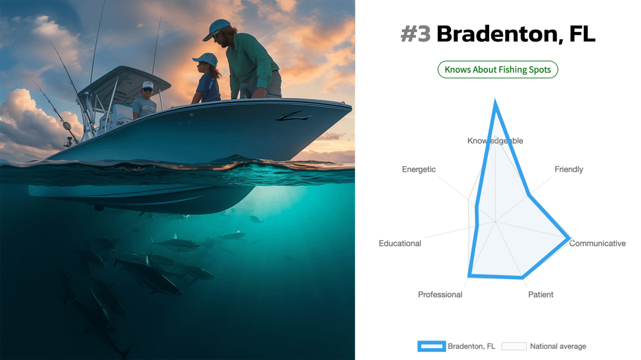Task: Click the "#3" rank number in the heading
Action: coord(415,34)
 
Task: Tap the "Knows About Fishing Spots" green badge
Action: coord(497,69)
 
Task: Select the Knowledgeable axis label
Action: coord(495,141)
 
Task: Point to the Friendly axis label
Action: coord(569,169)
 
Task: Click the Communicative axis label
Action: coord(597,244)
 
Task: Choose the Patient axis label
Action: coord(541,295)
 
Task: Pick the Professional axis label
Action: coord(440,295)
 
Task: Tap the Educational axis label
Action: coord(400,244)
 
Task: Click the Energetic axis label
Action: coord(418,169)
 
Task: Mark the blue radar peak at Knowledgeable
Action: coord(496,102)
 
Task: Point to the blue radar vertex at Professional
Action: coord(470,275)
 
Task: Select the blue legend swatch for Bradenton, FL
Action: coord(431,346)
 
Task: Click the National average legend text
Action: coord(558,346)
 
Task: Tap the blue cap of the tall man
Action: coord(216,28)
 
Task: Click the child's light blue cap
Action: coord(205,59)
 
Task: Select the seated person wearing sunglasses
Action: coord(144,101)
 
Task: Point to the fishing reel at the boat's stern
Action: coord(66,126)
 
